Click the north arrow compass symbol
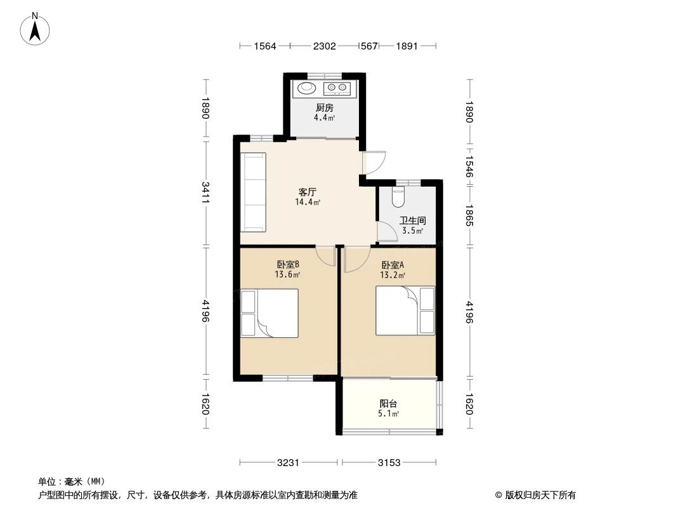coord(35,29)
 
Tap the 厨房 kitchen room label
coord(324,108)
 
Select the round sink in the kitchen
coord(307,88)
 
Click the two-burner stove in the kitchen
coord(337,88)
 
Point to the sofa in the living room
coord(253,192)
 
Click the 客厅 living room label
coord(308,192)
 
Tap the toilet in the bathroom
coord(398,197)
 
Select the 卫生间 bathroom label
coord(413,220)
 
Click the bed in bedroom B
coord(270,313)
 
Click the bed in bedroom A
coord(405,311)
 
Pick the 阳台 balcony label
coord(388,404)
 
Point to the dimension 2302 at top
coord(324,46)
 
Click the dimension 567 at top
coord(369,46)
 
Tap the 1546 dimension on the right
coord(469,166)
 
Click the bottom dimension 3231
coord(288,463)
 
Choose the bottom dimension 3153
coord(389,463)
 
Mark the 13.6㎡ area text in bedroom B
coord(287,274)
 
